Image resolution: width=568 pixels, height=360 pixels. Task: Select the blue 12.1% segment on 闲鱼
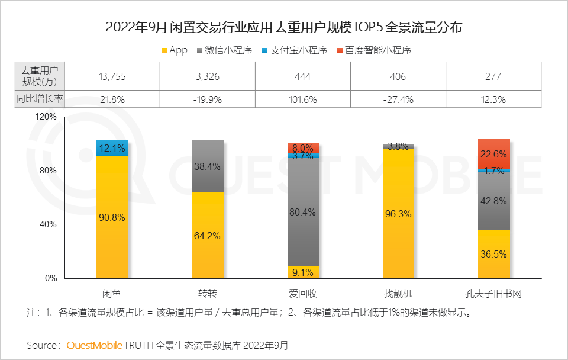112,148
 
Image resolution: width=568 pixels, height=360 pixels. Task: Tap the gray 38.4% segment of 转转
207,166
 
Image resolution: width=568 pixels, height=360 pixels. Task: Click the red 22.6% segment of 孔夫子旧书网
493,154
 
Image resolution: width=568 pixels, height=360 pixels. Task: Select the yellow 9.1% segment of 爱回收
303,272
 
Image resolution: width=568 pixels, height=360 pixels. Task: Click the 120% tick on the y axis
46,117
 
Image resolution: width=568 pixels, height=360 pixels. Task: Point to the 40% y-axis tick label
48,224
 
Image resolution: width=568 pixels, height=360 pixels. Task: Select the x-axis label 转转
207,293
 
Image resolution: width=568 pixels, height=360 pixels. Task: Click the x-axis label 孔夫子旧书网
493,293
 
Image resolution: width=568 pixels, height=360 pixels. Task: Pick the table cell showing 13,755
112,76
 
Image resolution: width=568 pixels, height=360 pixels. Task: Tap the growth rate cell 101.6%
303,99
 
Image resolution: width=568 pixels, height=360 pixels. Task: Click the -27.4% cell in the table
398,99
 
